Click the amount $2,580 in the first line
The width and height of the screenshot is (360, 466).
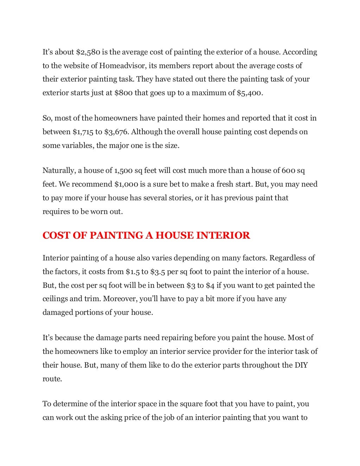(88, 52)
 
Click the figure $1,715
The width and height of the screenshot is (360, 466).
(83, 132)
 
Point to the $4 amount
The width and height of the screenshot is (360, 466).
(210, 285)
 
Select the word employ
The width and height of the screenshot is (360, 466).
(138, 351)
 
